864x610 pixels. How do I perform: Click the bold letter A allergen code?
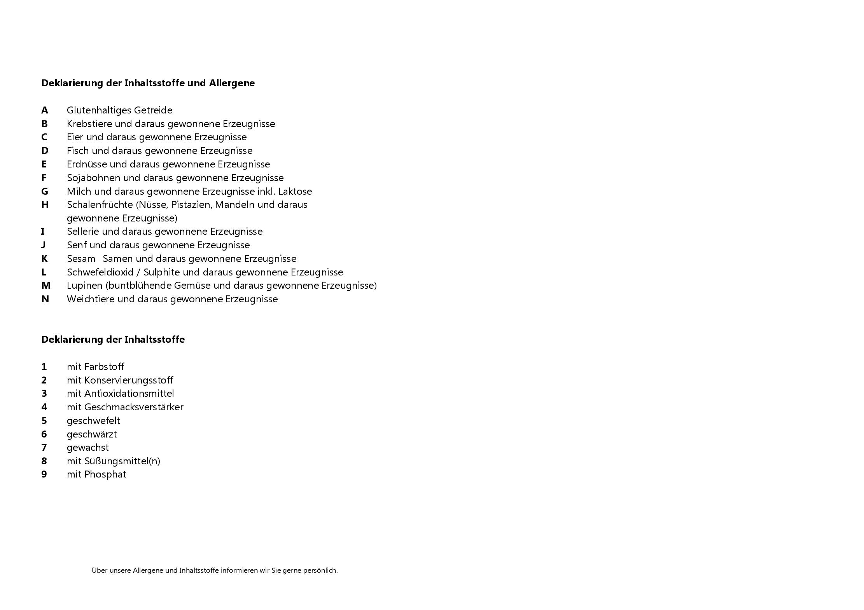(x=45, y=110)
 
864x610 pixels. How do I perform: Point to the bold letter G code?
(x=45, y=192)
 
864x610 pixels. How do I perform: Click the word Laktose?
(x=295, y=192)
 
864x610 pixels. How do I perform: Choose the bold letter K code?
(x=45, y=259)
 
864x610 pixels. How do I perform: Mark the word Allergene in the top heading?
(x=232, y=83)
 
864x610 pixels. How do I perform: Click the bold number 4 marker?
(x=44, y=407)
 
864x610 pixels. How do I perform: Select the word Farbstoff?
(x=104, y=367)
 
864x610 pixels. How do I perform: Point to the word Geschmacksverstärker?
(x=134, y=407)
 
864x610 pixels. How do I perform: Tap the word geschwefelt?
(x=93, y=421)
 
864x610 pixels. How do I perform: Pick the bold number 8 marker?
(x=44, y=461)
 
